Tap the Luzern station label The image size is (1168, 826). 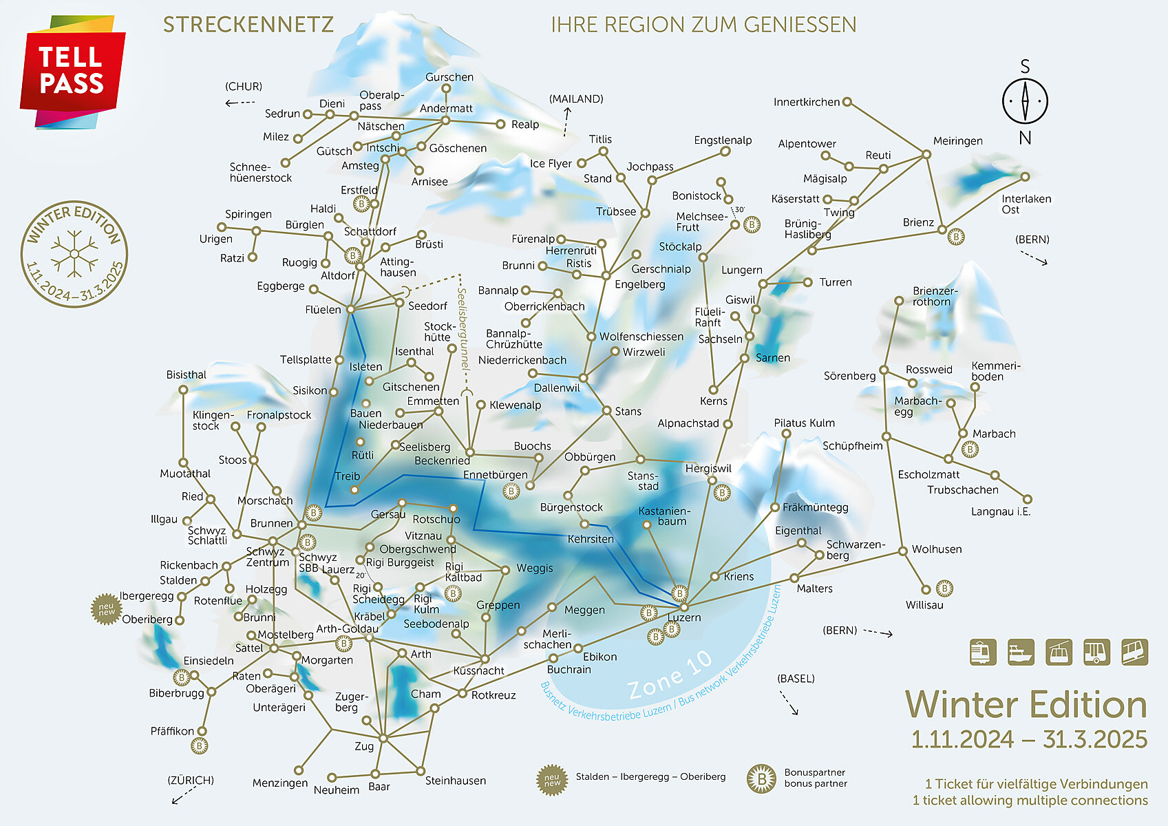(685, 617)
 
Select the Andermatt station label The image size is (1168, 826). (446, 108)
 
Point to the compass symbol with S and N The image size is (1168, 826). (1025, 101)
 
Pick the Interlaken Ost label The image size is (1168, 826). (1026, 204)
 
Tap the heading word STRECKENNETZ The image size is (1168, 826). (248, 25)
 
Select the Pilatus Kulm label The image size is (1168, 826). (804, 423)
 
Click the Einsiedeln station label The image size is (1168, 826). (209, 661)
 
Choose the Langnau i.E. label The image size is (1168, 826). (1000, 511)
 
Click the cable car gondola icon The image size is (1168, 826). (1058, 651)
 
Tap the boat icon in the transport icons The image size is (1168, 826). (1021, 651)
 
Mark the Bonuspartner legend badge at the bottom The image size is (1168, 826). (761, 779)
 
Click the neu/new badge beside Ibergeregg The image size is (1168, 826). (106, 609)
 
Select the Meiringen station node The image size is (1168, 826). (926, 154)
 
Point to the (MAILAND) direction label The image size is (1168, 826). (576, 99)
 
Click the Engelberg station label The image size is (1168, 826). (639, 284)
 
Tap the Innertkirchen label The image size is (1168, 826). (806, 102)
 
